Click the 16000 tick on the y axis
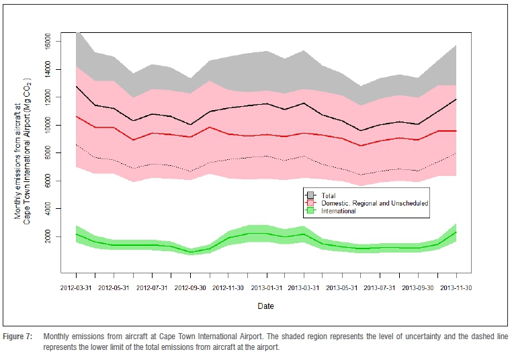pos(45,42)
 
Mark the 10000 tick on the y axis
pos(45,125)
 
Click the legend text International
pos(339,210)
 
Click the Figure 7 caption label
pos(17,335)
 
